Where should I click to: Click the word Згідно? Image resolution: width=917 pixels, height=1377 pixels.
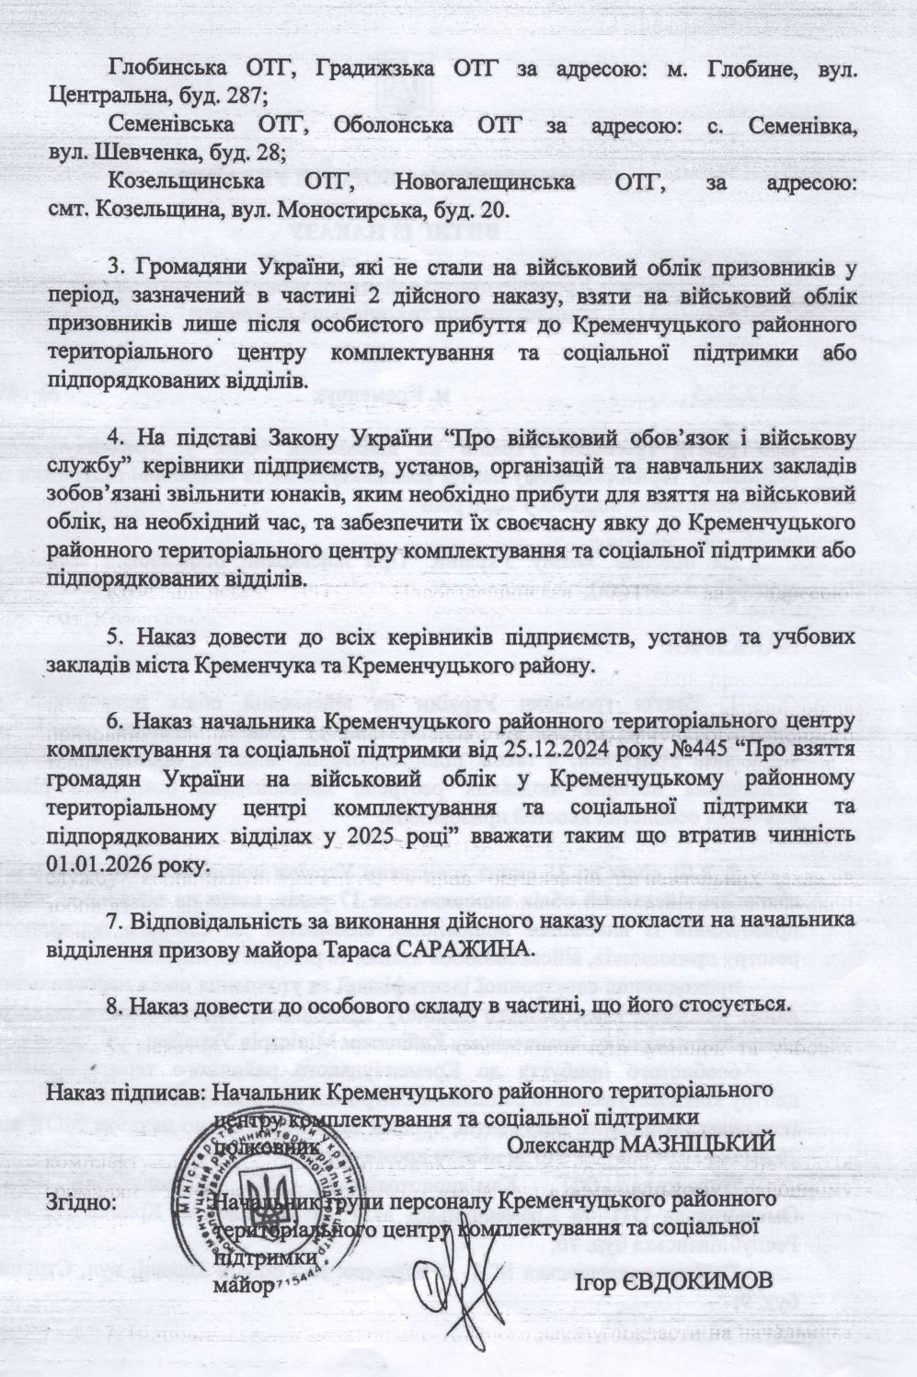(81, 1202)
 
